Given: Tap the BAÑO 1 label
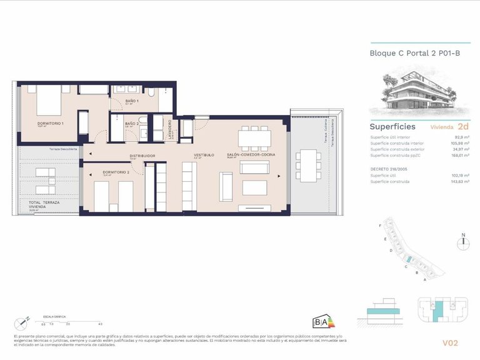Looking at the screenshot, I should tap(132, 101).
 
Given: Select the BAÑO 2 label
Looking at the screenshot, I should tap(131, 124).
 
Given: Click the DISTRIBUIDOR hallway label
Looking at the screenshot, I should tap(142, 156).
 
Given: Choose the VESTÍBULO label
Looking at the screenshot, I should tap(204, 154).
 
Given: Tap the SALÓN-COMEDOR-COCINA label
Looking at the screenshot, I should tap(251, 154).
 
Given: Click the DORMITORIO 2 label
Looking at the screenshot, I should tap(116, 172).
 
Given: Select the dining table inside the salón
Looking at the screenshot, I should tap(255, 136).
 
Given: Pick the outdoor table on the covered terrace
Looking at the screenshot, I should tap(307, 166).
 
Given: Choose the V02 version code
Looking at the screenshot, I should tap(450, 342).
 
